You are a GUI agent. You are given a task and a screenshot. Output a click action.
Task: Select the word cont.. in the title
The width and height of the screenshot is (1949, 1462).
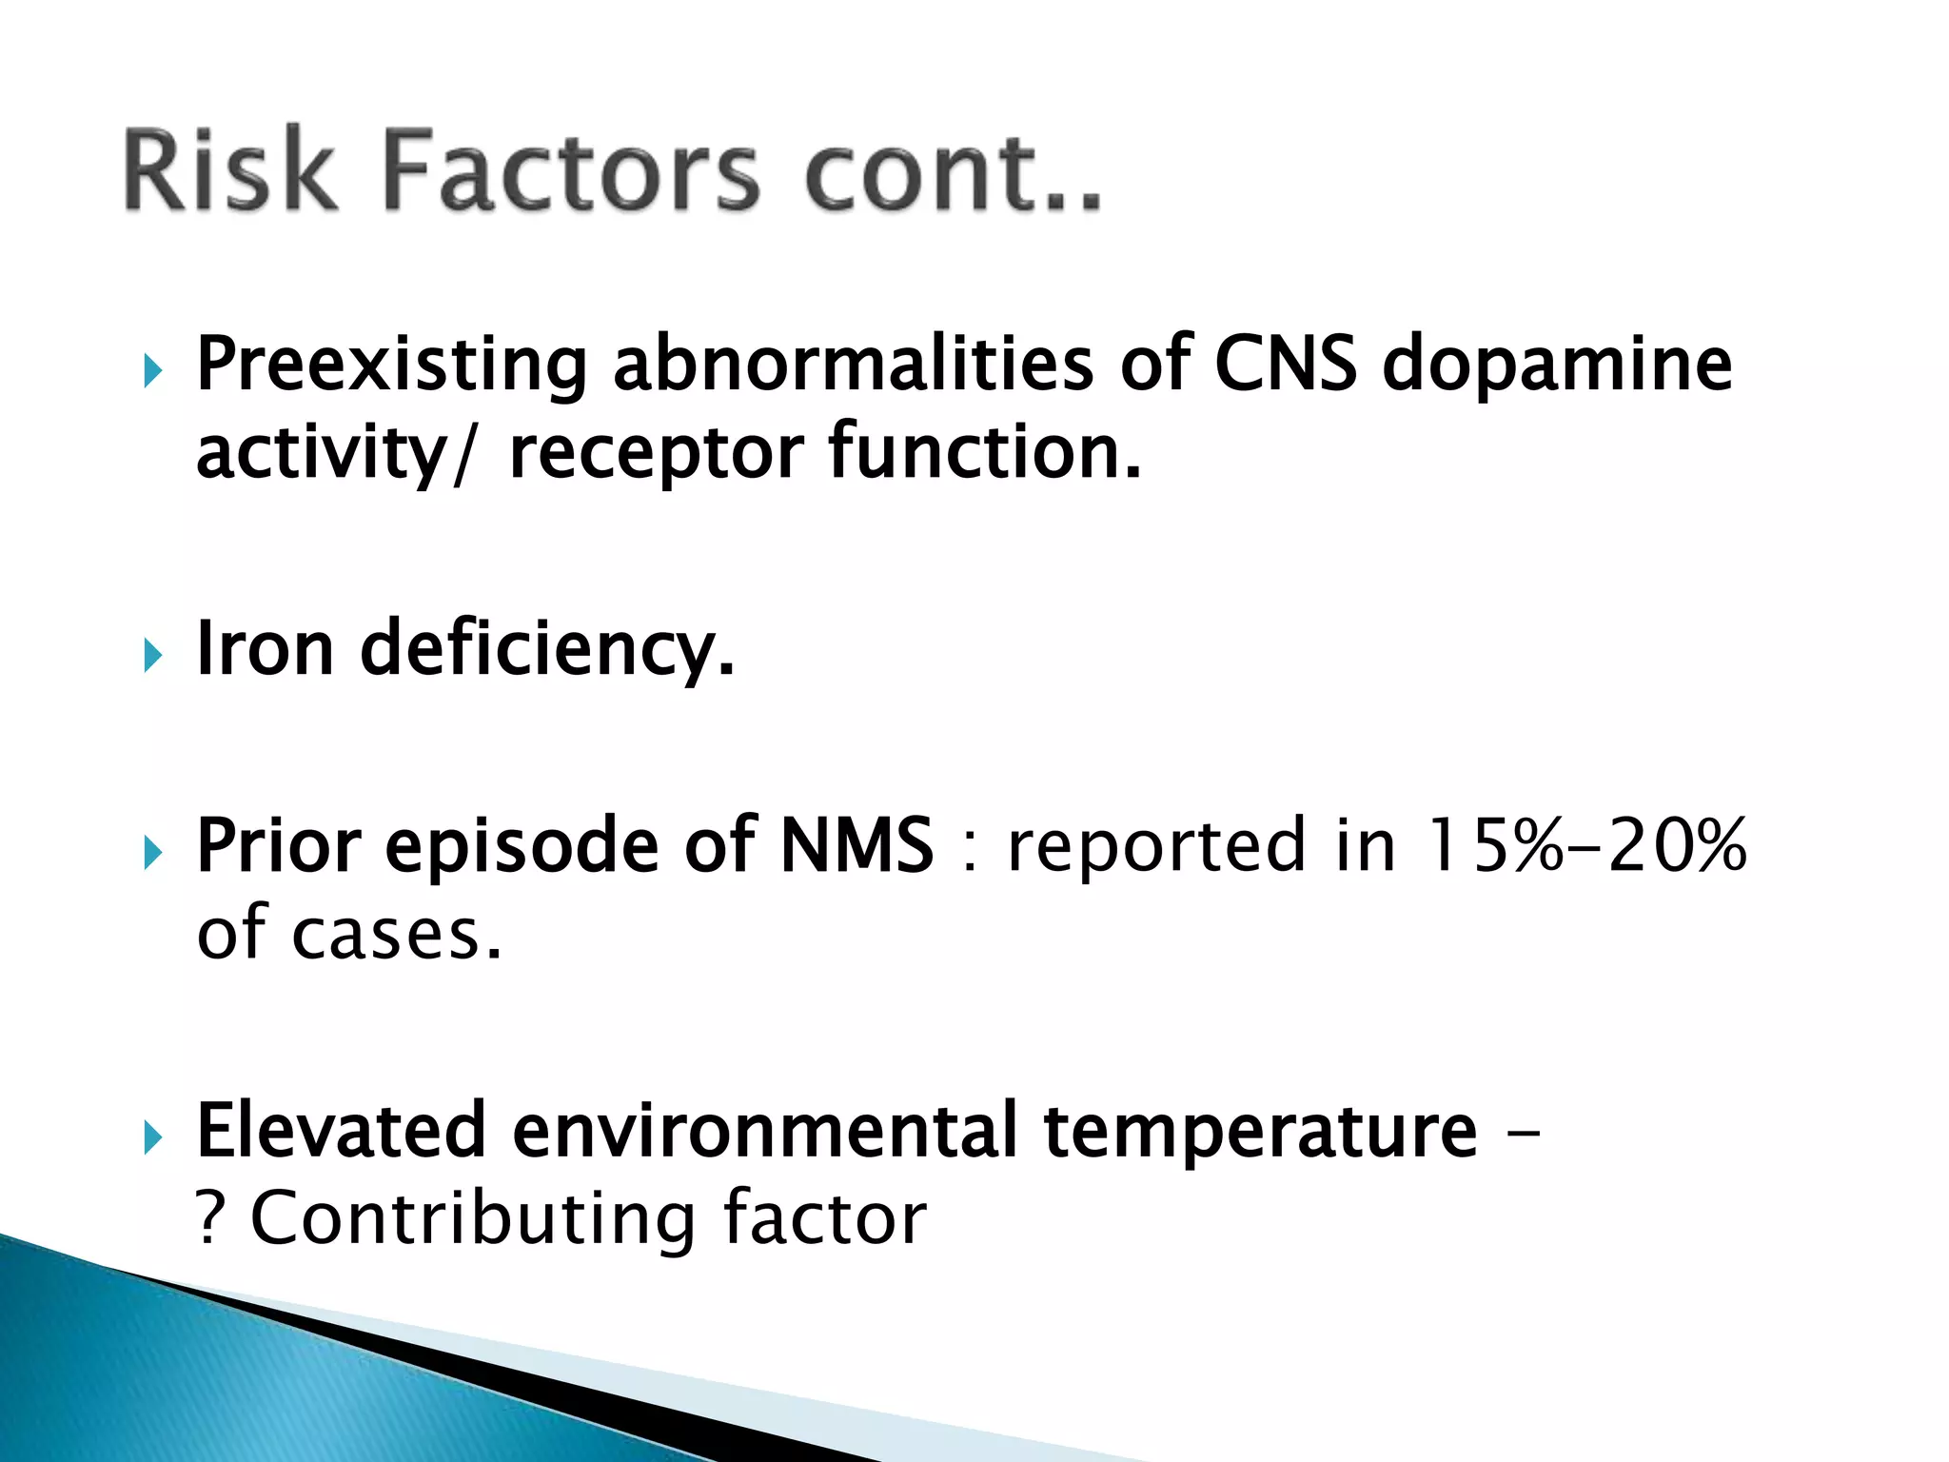tap(953, 171)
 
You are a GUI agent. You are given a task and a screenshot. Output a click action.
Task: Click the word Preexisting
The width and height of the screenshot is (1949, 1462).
tap(391, 365)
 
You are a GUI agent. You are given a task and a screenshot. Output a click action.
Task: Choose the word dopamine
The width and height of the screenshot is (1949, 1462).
tap(1557, 365)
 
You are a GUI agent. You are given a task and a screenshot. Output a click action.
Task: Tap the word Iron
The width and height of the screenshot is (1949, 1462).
tap(265, 649)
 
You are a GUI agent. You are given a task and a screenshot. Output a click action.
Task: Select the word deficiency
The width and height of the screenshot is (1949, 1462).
tap(547, 651)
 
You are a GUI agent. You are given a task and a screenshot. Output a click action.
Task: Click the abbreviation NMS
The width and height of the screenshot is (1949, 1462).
tap(856, 845)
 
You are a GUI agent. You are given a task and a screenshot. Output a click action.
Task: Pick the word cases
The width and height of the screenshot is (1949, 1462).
tap(396, 935)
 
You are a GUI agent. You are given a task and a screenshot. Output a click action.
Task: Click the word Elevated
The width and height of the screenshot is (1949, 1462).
tap(341, 1131)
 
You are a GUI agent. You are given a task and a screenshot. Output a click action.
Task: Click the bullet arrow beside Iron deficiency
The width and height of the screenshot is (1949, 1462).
tap(152, 656)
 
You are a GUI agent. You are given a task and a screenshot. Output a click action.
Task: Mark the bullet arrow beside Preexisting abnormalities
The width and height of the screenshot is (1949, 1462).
tap(152, 371)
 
